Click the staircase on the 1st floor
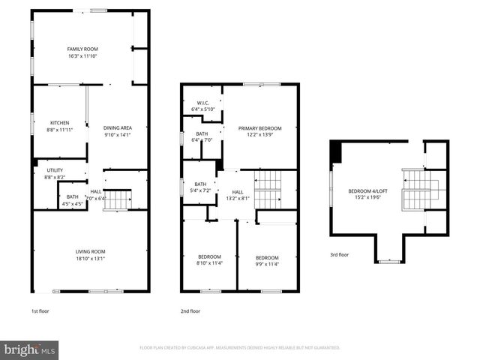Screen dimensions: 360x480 [x=117, y=200]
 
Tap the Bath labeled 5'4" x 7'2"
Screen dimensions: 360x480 [x=200, y=187]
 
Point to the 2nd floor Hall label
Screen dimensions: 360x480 [x=237, y=193]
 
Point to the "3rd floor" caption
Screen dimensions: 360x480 [x=340, y=255]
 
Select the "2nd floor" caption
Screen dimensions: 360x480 [x=190, y=310]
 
